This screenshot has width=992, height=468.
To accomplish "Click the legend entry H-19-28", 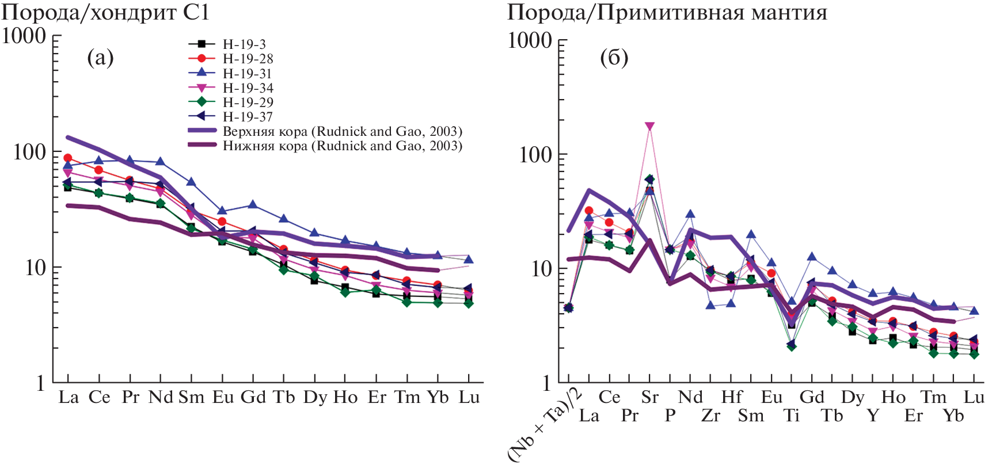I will pos(248,59).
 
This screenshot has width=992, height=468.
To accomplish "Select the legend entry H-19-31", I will pos(248,74).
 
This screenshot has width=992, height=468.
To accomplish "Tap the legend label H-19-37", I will pos(248,117).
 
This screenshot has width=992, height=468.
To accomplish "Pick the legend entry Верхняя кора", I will pos(342,131).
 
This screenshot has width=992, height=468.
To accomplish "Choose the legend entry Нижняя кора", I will pos(342,146).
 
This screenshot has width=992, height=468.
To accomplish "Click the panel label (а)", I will pos(100,58).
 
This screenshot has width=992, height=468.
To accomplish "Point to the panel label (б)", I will pos(614,58).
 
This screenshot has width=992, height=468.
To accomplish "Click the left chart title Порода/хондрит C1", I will pos(105,12).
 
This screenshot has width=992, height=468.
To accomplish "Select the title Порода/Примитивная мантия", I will pos(667,12).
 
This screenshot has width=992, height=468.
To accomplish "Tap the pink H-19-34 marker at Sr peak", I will pos(650,126).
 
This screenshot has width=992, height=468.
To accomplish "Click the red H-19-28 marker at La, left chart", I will pos(68,158).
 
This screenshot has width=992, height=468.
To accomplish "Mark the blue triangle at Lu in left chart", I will pos(469,260).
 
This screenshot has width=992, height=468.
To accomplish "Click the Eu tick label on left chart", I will pos(223,397).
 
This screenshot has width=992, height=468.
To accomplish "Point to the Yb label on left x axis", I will pos(438,397).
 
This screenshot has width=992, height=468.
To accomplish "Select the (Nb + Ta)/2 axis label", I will pos(545,425).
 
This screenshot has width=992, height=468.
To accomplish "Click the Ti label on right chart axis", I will pos(792,416).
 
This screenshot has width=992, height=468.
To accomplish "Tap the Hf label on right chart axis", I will pos(731,397).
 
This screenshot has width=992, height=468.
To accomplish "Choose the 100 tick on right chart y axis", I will pos(535,154).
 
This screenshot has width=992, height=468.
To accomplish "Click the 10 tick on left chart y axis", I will pos(35,268).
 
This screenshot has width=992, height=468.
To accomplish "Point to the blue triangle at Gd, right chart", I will pos(812,257).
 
